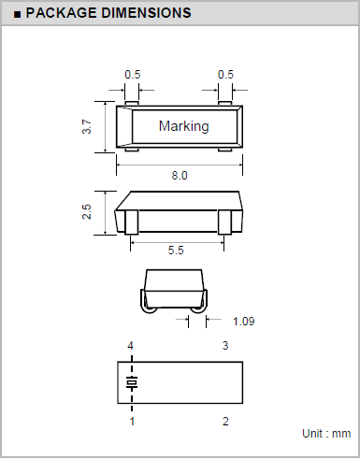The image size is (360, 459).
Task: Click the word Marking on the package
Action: click(184, 126)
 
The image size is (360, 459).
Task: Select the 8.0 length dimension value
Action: click(180, 176)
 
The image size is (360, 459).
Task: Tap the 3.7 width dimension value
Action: click(87, 126)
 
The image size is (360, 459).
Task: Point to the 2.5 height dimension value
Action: click(87, 211)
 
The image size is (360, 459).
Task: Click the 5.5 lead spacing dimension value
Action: click(176, 251)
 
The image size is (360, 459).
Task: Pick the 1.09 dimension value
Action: click(244, 322)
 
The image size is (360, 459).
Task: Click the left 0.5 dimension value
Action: click(133, 75)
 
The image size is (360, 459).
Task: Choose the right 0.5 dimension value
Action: click(225, 75)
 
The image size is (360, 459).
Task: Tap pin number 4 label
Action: click(131, 346)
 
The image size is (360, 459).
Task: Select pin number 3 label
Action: click(225, 346)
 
